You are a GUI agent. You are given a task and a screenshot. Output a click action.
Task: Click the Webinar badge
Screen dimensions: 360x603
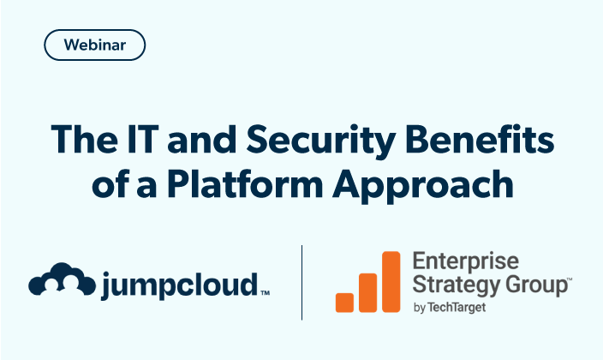click(x=94, y=45)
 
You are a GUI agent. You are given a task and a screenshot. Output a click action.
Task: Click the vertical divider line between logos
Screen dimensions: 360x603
click(x=301, y=282)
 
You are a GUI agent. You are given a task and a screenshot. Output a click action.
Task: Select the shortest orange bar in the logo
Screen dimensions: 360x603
click(x=345, y=302)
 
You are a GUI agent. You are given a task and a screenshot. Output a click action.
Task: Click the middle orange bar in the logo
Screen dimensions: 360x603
click(x=368, y=291)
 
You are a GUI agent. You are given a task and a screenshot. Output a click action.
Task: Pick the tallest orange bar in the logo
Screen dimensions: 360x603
click(x=391, y=281)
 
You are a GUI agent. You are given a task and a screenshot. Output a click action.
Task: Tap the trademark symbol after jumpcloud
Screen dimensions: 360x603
click(x=265, y=294)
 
